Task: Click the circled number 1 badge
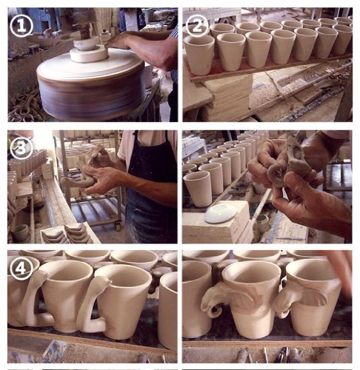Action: (21, 26)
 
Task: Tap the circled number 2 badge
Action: (197, 26)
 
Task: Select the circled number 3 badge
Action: (21, 148)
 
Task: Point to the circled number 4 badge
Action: (21, 268)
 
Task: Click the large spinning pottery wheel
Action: (91, 84)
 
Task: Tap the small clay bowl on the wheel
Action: (86, 44)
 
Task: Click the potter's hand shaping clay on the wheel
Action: (119, 41)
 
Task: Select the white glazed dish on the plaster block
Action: (221, 213)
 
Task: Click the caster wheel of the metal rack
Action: (118, 226)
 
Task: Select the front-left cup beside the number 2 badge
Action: (199, 55)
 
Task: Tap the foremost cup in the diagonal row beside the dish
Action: (199, 189)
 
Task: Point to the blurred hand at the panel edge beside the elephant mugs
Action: (342, 272)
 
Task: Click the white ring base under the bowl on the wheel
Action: (89, 55)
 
